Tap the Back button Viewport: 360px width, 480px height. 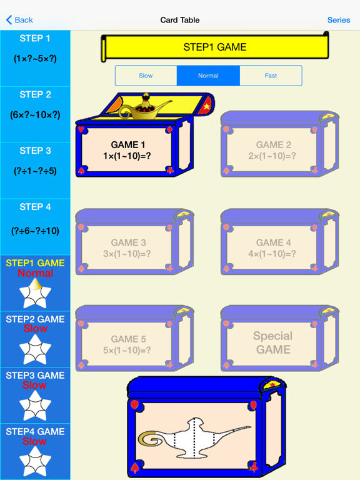[x=19, y=20]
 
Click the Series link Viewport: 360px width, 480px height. [x=339, y=20]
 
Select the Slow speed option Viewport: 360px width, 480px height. [x=146, y=76]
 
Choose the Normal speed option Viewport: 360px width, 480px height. [x=208, y=76]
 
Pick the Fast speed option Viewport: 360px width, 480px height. [x=271, y=76]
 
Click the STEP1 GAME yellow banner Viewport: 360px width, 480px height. [x=215, y=47]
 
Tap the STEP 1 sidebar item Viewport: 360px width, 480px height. [x=35, y=48]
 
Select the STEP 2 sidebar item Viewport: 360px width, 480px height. [x=35, y=104]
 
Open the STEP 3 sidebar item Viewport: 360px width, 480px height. [x=35, y=161]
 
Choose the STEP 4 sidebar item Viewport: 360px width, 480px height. [x=35, y=219]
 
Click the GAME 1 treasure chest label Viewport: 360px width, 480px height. [x=127, y=150]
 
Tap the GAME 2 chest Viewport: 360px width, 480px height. [x=274, y=150]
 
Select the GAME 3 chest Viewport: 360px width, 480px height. [x=127, y=248]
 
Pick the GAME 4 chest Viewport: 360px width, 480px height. [x=274, y=248]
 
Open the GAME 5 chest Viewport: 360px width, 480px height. [x=127, y=344]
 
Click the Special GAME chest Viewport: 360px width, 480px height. [x=274, y=342]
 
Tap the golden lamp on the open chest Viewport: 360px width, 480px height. [x=146, y=107]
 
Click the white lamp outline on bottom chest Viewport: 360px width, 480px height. [x=200, y=437]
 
